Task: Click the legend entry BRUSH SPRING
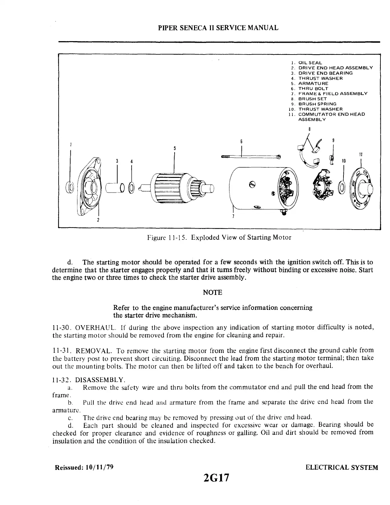tap(313, 104)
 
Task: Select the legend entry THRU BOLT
tap(309, 89)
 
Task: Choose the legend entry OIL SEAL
tap(306, 63)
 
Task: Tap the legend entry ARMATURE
tap(309, 84)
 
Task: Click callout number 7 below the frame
tap(233, 217)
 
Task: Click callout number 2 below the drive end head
tap(98, 220)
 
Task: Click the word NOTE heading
tap(212, 292)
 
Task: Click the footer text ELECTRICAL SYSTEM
tap(342, 468)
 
